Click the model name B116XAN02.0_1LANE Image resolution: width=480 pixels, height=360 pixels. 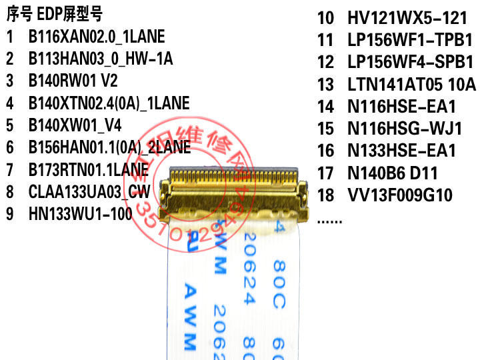tap(96, 36)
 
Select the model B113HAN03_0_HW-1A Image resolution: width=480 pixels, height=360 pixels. tap(100, 59)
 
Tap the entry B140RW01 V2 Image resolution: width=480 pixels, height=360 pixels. tap(73, 81)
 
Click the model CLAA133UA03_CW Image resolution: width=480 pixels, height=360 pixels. tap(89, 192)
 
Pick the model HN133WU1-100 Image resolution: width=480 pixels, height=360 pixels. tap(80, 214)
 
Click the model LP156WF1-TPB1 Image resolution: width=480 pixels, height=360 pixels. tap(410, 40)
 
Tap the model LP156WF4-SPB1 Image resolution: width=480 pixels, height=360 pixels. tap(410, 62)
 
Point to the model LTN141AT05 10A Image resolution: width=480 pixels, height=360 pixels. tap(411, 85)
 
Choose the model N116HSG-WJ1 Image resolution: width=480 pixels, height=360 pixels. tap(405, 129)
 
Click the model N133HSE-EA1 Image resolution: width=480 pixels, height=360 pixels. tap(401, 151)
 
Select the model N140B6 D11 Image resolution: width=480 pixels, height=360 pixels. tap(393, 173)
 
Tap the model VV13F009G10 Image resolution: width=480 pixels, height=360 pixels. tap(400, 195)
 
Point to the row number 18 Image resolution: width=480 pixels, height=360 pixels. tap(325, 195)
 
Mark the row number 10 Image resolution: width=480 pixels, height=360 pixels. tap(325, 17)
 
